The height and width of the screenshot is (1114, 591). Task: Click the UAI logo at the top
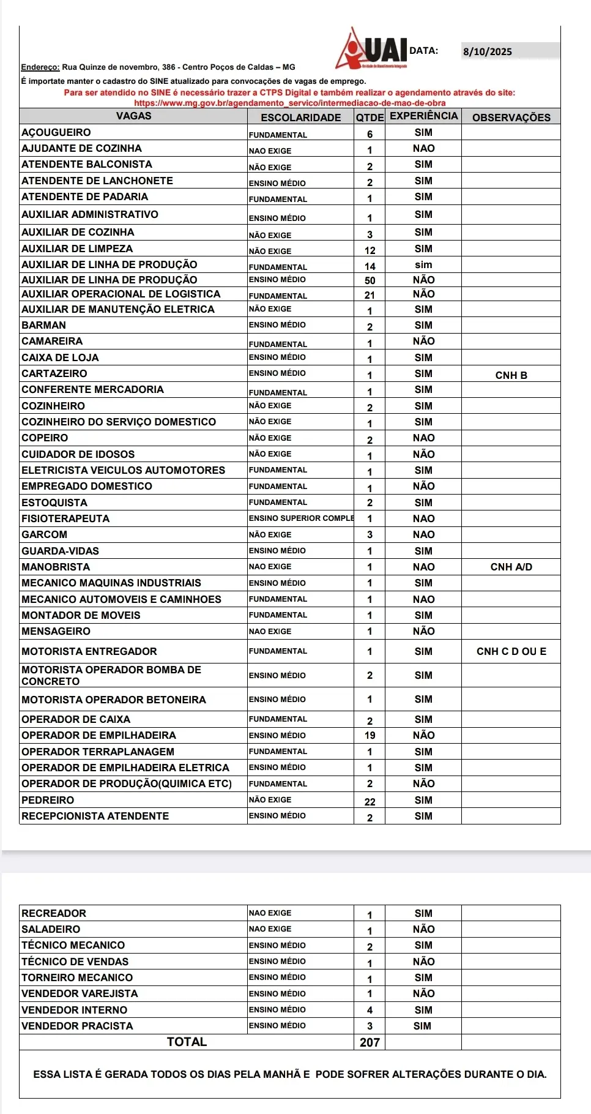coord(372,49)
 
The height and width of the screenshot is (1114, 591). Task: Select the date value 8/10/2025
coord(487,51)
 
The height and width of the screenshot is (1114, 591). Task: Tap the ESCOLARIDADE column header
coord(300,117)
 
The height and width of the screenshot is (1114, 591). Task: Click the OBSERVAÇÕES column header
coord(511,117)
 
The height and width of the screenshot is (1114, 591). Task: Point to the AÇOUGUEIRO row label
coord(56,132)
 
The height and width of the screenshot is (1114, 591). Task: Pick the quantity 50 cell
coord(370,280)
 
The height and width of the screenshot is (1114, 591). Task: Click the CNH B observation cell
coord(511,375)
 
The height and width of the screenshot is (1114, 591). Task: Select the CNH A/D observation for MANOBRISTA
coord(511,567)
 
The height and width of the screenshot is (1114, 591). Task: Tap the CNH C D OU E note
coord(511,651)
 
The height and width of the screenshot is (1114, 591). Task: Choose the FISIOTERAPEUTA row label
coord(65,518)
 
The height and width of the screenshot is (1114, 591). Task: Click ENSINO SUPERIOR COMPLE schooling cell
coord(301,518)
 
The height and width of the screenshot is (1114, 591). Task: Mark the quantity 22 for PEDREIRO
coord(370,801)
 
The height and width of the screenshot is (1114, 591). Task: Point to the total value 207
coord(370,1042)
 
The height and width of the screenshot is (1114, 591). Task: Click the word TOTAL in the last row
coord(187,1042)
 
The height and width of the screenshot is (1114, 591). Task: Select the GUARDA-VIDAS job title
coord(60,551)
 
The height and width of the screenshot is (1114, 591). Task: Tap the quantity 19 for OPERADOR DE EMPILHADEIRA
coord(370,735)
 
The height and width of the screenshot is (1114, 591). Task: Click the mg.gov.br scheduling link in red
coord(289,103)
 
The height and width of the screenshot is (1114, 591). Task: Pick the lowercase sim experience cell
coord(423,264)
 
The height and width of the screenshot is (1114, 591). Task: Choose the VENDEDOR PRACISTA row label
coord(77,1026)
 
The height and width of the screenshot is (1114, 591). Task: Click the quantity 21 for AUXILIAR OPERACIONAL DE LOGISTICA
coord(370,295)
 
